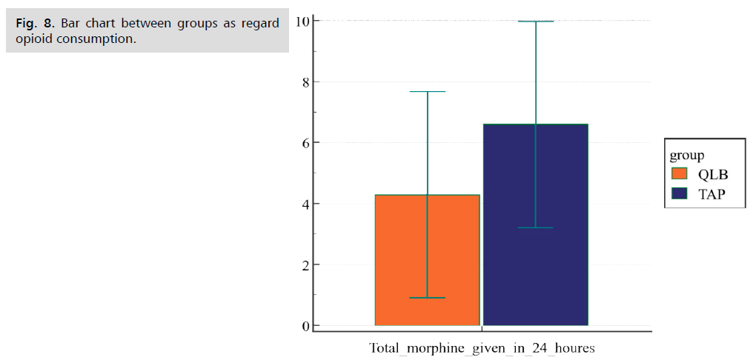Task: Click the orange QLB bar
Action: click(427, 260)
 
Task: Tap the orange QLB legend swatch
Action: click(680, 174)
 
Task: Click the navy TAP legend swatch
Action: click(680, 194)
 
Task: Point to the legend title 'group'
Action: click(686, 155)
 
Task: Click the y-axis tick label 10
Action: click(303, 21)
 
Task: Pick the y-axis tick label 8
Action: click(305, 81)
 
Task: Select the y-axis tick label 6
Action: click(305, 142)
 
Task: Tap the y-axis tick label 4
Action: click(305, 204)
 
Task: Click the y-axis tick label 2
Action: click(305, 264)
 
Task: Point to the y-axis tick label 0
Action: click(305, 326)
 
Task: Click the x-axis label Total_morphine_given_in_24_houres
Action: click(482, 347)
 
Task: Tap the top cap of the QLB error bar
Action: click(427, 92)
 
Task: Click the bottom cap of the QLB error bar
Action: click(427, 298)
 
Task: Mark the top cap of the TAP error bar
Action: click(535, 21)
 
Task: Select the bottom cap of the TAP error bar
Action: click(535, 227)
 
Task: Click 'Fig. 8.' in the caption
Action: click(35, 23)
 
